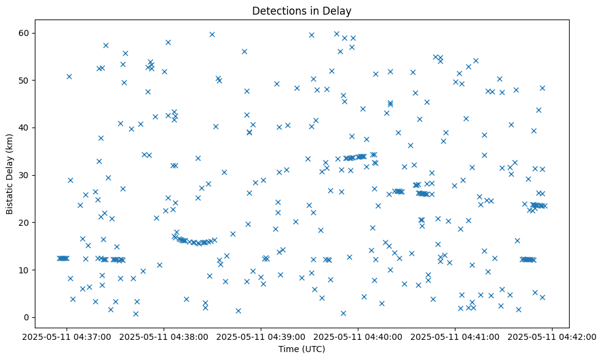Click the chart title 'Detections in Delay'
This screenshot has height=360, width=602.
coord(302,11)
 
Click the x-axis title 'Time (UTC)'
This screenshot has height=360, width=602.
coord(302,349)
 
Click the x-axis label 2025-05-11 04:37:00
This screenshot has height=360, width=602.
coord(67,336)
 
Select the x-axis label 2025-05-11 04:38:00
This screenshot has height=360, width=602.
coord(164,336)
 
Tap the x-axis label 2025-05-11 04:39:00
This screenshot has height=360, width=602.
coord(261,336)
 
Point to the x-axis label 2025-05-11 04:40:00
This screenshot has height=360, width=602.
coord(358,336)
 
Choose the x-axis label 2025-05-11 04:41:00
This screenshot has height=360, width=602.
coord(455,336)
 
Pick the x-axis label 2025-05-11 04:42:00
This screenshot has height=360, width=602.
coord(553,336)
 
